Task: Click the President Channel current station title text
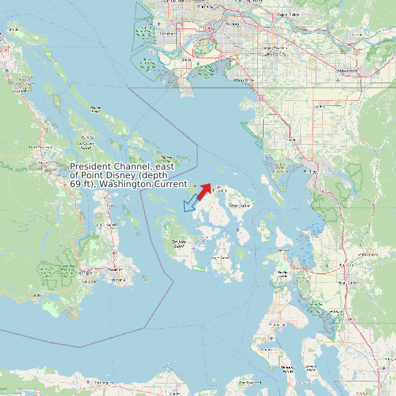coord(129,175)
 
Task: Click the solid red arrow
coord(204,192)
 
